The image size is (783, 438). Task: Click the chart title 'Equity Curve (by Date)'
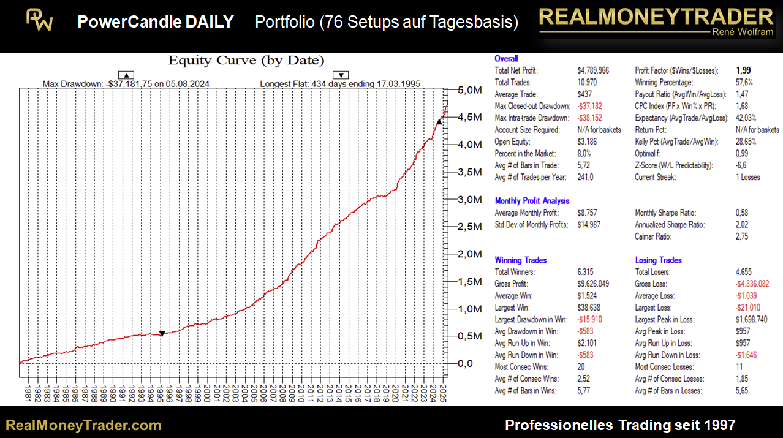pos(246,60)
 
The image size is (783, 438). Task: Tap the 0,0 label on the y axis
pos(466,363)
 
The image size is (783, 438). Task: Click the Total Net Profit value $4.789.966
pos(592,70)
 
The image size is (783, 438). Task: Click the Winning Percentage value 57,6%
pos(744,82)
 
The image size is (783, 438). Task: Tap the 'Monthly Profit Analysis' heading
pos(532,201)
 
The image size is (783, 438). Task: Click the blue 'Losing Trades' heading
pos(658,260)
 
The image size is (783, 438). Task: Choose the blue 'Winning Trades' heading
pos(520,260)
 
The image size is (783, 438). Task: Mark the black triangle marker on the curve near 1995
pos(162,334)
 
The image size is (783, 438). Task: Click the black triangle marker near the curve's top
pos(439,123)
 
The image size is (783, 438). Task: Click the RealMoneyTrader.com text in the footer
pos(83,425)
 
